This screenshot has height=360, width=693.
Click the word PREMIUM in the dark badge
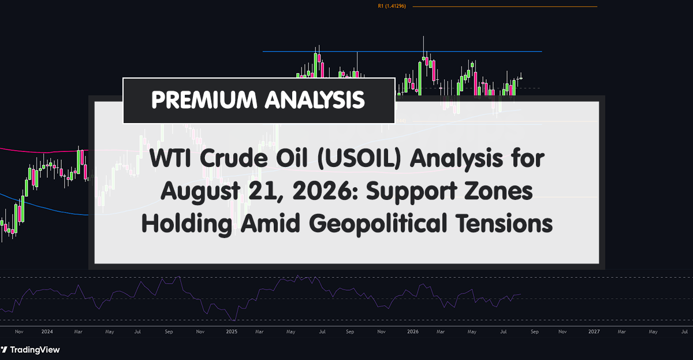coord(204,99)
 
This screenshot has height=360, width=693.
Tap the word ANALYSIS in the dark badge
coord(315,99)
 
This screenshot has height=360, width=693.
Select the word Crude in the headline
coord(233,158)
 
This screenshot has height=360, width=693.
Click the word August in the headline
coord(200,192)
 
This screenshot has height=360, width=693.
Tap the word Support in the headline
coord(411,192)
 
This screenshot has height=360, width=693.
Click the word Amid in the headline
coord(270,224)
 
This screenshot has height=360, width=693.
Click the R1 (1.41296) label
coord(392,6)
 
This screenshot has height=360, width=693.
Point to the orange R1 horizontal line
coord(505,6)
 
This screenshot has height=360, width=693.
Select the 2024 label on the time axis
coord(47,332)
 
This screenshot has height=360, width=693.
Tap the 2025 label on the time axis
coord(232,332)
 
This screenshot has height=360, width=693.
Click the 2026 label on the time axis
coord(413,332)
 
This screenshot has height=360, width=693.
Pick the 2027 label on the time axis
coord(594,332)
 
